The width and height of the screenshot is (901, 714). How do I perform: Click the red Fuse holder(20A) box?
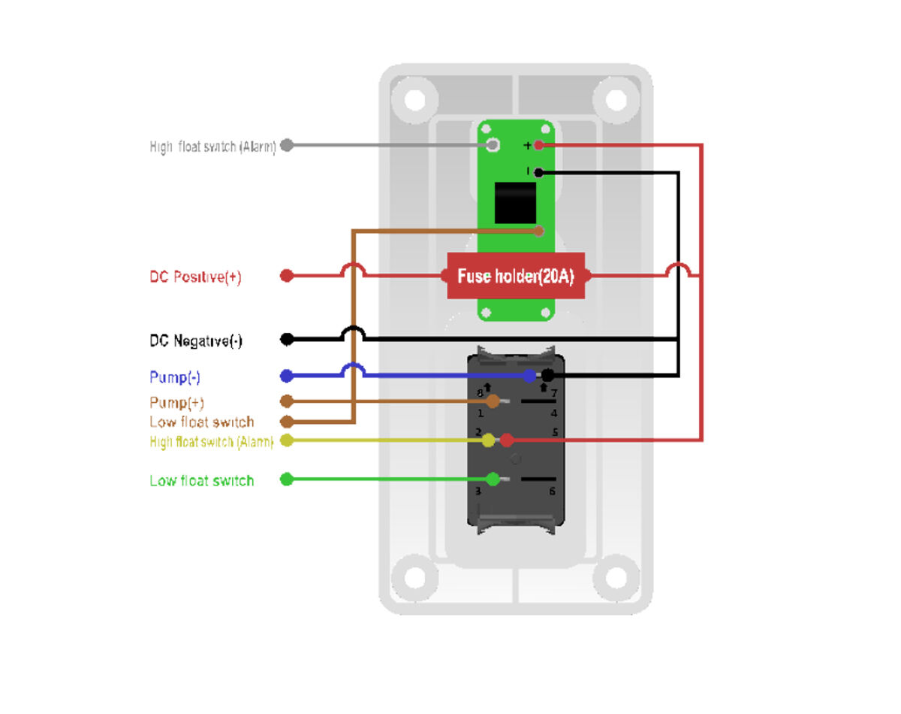tap(516, 276)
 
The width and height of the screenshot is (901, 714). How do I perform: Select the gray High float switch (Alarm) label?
tap(213, 147)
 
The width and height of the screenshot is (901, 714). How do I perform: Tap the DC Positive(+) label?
tap(195, 277)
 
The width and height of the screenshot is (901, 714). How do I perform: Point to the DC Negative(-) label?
tap(196, 340)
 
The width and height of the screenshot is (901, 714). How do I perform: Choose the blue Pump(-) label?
tap(175, 377)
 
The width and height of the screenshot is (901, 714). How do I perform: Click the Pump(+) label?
tap(176, 402)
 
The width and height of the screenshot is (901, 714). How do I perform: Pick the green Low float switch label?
tap(201, 480)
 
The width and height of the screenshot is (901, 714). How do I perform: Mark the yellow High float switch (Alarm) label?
tap(211, 442)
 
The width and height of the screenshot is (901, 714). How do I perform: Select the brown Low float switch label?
tap(201, 422)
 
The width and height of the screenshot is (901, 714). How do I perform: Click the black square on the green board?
tap(515, 202)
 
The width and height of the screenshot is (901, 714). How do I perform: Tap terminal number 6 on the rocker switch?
tap(553, 491)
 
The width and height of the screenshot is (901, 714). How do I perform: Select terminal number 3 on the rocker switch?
tap(478, 491)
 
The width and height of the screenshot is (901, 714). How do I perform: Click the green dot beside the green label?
tap(286, 480)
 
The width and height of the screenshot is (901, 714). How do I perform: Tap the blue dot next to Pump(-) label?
tap(286, 376)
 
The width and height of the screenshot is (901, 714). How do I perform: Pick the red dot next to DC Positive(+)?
tap(286, 276)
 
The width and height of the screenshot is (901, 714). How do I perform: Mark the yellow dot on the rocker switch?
tap(489, 440)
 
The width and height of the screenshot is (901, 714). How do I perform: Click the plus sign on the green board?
tap(527, 145)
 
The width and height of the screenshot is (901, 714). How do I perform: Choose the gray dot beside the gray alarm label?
tap(286, 145)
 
